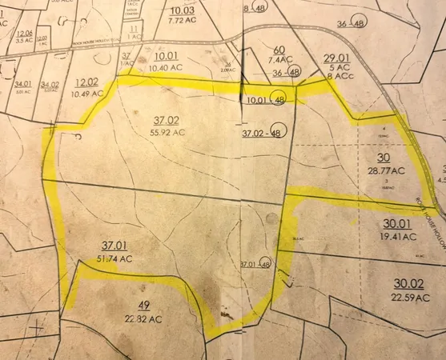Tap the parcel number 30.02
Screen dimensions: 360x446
[x=408, y=284]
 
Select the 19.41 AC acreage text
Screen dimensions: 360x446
[x=399, y=237]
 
